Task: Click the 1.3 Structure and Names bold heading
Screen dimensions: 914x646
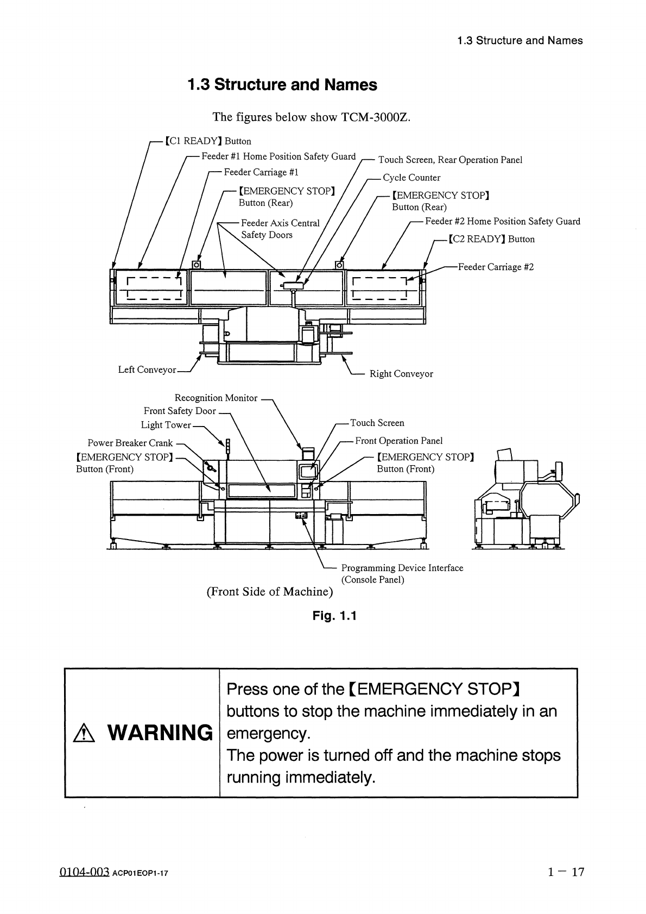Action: coord(282,85)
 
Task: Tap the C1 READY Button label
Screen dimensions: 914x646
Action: coord(208,141)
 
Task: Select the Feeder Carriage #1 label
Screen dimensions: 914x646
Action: coord(261,172)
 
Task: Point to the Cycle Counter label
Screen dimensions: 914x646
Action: coord(411,178)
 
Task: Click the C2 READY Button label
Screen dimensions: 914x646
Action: coord(491,239)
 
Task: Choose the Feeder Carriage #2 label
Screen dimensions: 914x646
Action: coord(496,267)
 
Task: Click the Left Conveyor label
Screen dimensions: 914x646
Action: coord(147,370)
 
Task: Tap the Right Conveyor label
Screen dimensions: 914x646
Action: coord(401,374)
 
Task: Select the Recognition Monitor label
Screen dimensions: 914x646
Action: coord(216,398)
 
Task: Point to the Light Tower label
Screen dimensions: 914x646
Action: coord(166,425)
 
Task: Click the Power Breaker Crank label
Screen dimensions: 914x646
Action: coord(130,443)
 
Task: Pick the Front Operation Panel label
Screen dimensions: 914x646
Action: coord(399,441)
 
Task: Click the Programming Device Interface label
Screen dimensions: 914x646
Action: coord(402,568)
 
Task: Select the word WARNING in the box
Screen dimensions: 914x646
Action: coord(160,733)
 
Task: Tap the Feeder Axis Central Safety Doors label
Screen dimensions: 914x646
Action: coord(280,229)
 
